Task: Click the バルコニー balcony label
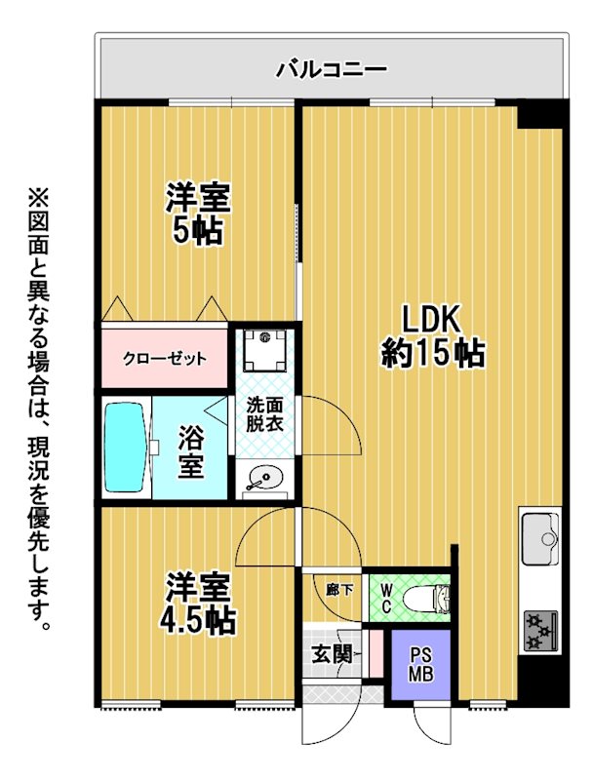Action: pos(332,69)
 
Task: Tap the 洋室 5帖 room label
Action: pos(197,214)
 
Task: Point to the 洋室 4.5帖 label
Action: pos(197,604)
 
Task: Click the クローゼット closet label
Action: pos(165,359)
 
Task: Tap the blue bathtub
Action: pos(127,447)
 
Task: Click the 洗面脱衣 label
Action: pos(264,414)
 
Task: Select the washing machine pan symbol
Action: pos(264,350)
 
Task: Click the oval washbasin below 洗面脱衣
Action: pos(265,479)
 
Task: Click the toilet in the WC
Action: pos(426,598)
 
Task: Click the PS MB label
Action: pos(420,665)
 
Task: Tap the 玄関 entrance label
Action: pos(332,654)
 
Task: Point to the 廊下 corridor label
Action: pos(339,591)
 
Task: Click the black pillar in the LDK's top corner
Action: pos(540,114)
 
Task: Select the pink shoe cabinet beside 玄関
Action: pos(376,653)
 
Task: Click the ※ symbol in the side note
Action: pos(39,198)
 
